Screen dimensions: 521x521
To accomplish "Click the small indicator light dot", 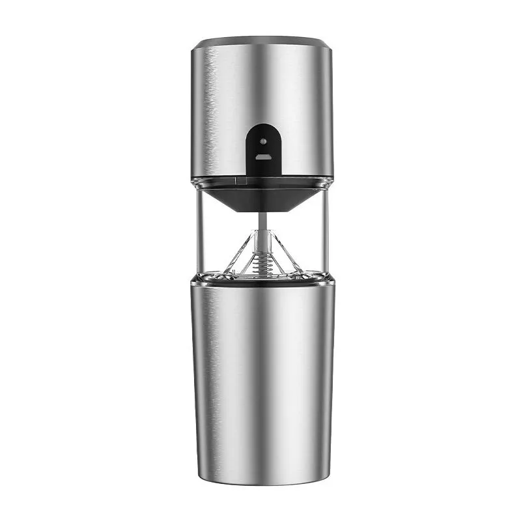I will [x=262, y=141].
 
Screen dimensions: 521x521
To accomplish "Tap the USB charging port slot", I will [x=262, y=157].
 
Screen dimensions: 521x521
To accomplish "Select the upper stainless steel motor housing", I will [x=215, y=111].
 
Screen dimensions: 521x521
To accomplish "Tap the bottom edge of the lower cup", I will [x=262, y=483].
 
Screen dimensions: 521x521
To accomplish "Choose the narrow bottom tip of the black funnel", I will [x=262, y=210].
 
